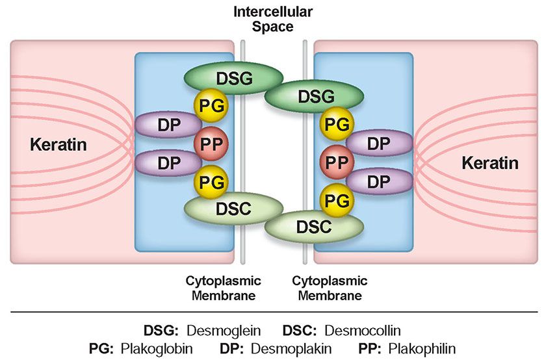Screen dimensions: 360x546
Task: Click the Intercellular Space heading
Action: [273, 19]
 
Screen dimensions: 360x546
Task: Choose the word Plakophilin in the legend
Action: [419, 348]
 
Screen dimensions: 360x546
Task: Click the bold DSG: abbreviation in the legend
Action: [160, 329]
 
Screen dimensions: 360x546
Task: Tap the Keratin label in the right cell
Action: [490, 162]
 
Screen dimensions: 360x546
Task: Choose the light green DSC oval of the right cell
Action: [313, 227]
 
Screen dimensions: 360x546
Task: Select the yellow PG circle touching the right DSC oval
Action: [335, 199]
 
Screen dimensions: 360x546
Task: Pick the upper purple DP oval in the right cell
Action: [378, 144]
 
